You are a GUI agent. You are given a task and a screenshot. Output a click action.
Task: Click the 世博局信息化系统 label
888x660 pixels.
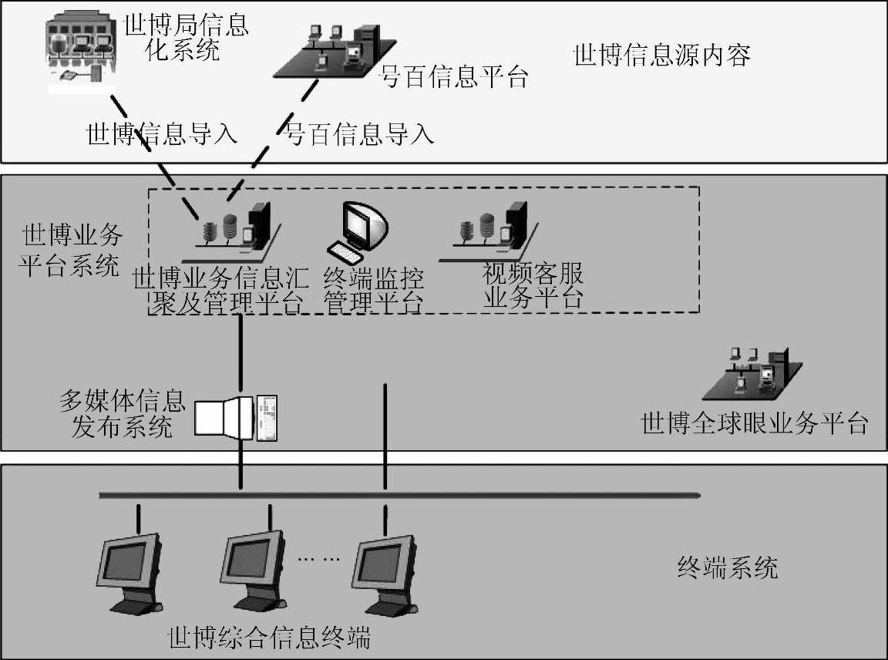(186, 38)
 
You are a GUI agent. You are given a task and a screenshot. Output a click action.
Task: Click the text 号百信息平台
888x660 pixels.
(455, 77)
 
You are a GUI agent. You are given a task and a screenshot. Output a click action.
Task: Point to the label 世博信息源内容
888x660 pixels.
(662, 56)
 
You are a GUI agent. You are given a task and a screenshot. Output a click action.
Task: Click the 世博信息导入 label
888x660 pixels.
(161, 134)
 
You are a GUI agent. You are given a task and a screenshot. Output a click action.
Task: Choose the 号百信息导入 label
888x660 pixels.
(360, 134)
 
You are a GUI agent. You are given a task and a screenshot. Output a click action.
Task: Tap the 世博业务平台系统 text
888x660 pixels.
(70, 251)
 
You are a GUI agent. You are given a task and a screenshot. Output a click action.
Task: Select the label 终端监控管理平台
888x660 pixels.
(374, 290)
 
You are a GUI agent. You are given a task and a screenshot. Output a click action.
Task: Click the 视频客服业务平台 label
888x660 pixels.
(533, 285)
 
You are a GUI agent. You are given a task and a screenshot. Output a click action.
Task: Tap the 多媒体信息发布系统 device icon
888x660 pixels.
(235, 417)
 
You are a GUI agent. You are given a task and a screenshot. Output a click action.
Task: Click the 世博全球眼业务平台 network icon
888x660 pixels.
(764, 372)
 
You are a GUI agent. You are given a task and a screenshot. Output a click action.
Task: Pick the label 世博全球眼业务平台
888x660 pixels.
(755, 423)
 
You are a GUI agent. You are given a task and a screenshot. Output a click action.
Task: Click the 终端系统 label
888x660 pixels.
(727, 568)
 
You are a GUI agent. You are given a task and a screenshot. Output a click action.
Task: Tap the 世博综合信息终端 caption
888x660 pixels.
(269, 638)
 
